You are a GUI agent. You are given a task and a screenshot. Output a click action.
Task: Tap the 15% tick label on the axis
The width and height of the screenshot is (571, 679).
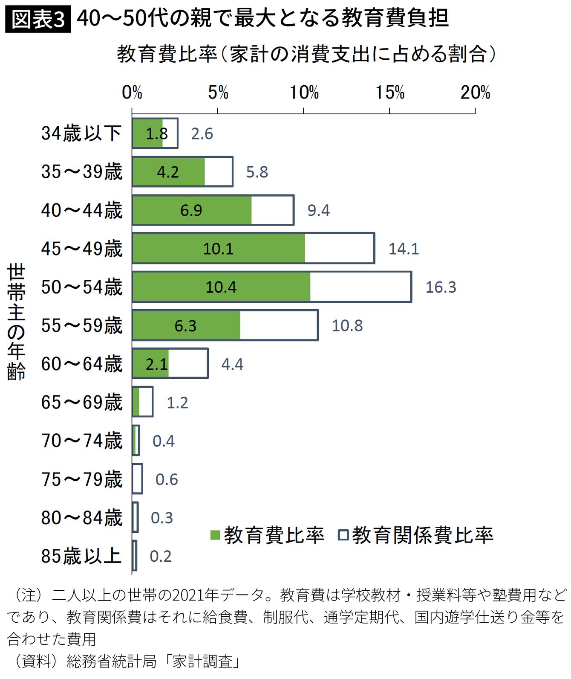[389, 93]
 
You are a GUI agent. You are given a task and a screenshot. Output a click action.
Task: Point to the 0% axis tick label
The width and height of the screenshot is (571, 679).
[132, 93]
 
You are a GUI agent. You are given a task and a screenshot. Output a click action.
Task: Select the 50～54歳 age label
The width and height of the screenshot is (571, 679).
[81, 287]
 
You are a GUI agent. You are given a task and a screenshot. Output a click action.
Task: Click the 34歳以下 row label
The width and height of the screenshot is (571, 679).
[81, 133]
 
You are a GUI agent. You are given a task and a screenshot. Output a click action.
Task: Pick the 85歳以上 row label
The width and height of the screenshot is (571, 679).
[81, 556]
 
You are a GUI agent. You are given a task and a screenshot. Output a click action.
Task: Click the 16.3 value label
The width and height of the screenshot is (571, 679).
[441, 287]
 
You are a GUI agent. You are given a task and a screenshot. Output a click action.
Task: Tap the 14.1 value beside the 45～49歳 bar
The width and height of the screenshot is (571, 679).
[404, 249]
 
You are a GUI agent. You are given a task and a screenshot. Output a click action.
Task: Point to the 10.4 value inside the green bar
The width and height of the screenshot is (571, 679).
[221, 287]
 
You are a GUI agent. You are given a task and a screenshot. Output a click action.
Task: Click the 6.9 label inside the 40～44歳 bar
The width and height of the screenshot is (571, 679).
[191, 210]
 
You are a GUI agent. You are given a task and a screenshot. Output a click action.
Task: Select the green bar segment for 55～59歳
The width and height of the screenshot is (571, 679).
[186, 325]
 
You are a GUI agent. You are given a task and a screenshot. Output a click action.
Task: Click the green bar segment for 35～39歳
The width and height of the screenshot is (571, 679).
[168, 172]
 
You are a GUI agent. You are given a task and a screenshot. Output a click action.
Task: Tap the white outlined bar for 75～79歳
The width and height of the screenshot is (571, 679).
[137, 479]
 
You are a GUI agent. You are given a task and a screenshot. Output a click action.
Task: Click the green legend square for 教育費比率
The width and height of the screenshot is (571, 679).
[215, 535]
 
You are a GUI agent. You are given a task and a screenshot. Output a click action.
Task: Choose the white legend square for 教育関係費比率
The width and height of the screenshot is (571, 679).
[343, 535]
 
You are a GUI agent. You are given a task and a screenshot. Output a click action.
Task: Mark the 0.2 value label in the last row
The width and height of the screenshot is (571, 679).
[161, 556]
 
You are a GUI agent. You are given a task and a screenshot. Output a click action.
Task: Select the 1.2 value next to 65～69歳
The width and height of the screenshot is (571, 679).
[177, 403]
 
